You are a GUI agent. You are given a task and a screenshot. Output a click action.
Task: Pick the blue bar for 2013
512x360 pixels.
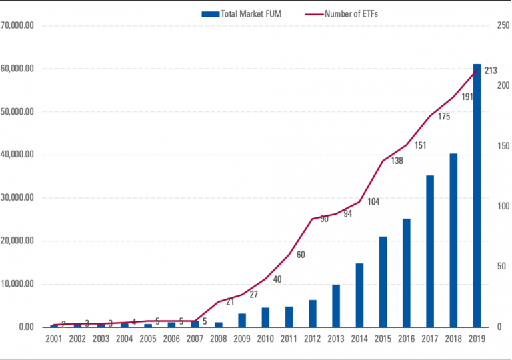coord(336,306)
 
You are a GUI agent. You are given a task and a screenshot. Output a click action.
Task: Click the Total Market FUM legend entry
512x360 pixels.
coord(242,13)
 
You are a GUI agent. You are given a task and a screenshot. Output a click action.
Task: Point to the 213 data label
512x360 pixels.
coord(491,71)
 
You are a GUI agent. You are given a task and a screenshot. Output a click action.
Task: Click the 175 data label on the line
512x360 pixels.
coord(444,117)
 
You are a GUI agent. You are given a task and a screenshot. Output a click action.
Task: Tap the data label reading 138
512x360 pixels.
coord(397,161)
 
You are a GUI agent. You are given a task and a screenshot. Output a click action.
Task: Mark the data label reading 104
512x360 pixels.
coord(373,201)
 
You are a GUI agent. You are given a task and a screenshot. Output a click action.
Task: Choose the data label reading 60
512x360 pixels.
coord(301,254)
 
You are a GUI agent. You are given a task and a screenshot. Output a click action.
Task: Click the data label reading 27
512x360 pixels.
coord(253,294)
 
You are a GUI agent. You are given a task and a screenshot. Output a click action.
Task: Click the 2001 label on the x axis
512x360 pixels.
coord(54,339)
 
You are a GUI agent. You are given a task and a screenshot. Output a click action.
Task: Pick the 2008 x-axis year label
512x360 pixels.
coord(218,339)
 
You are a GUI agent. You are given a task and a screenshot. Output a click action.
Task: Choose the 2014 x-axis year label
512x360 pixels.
coord(359,339)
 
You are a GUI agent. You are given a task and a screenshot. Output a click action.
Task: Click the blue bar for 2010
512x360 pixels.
coord(265,317)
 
